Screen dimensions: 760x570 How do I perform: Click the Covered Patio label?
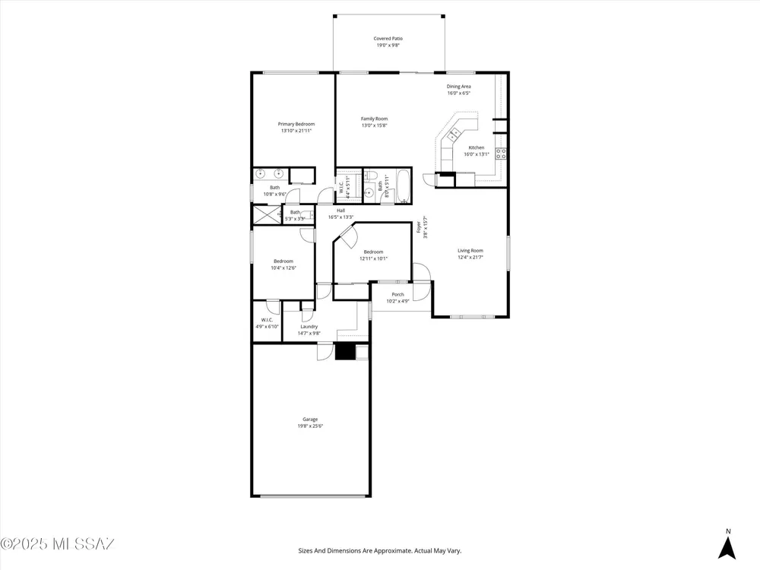pos(388,38)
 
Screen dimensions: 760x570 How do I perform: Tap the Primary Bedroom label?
pos(296,124)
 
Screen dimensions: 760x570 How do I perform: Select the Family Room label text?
pos(374,119)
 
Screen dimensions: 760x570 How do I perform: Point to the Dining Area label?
pos(458,87)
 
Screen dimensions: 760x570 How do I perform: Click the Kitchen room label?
pos(476,148)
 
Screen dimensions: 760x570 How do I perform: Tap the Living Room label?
pos(470,251)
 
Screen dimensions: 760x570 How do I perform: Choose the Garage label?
pos(310,420)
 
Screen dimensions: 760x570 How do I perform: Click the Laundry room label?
pos(309,327)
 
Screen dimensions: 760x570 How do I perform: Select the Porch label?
pos(397,295)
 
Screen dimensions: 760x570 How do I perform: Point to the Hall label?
pos(340,211)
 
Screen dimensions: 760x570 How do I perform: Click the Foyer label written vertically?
pos(419,226)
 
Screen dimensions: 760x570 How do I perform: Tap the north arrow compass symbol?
pos(727,548)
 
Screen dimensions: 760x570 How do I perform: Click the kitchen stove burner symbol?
pos(501,154)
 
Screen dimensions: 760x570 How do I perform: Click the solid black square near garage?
pos(344,351)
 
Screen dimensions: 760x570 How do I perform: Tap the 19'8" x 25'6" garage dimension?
pos(310,426)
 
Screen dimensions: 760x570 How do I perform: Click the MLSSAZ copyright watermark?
pos(57,544)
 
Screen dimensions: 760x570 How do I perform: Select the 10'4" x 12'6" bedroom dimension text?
pos(283,268)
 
